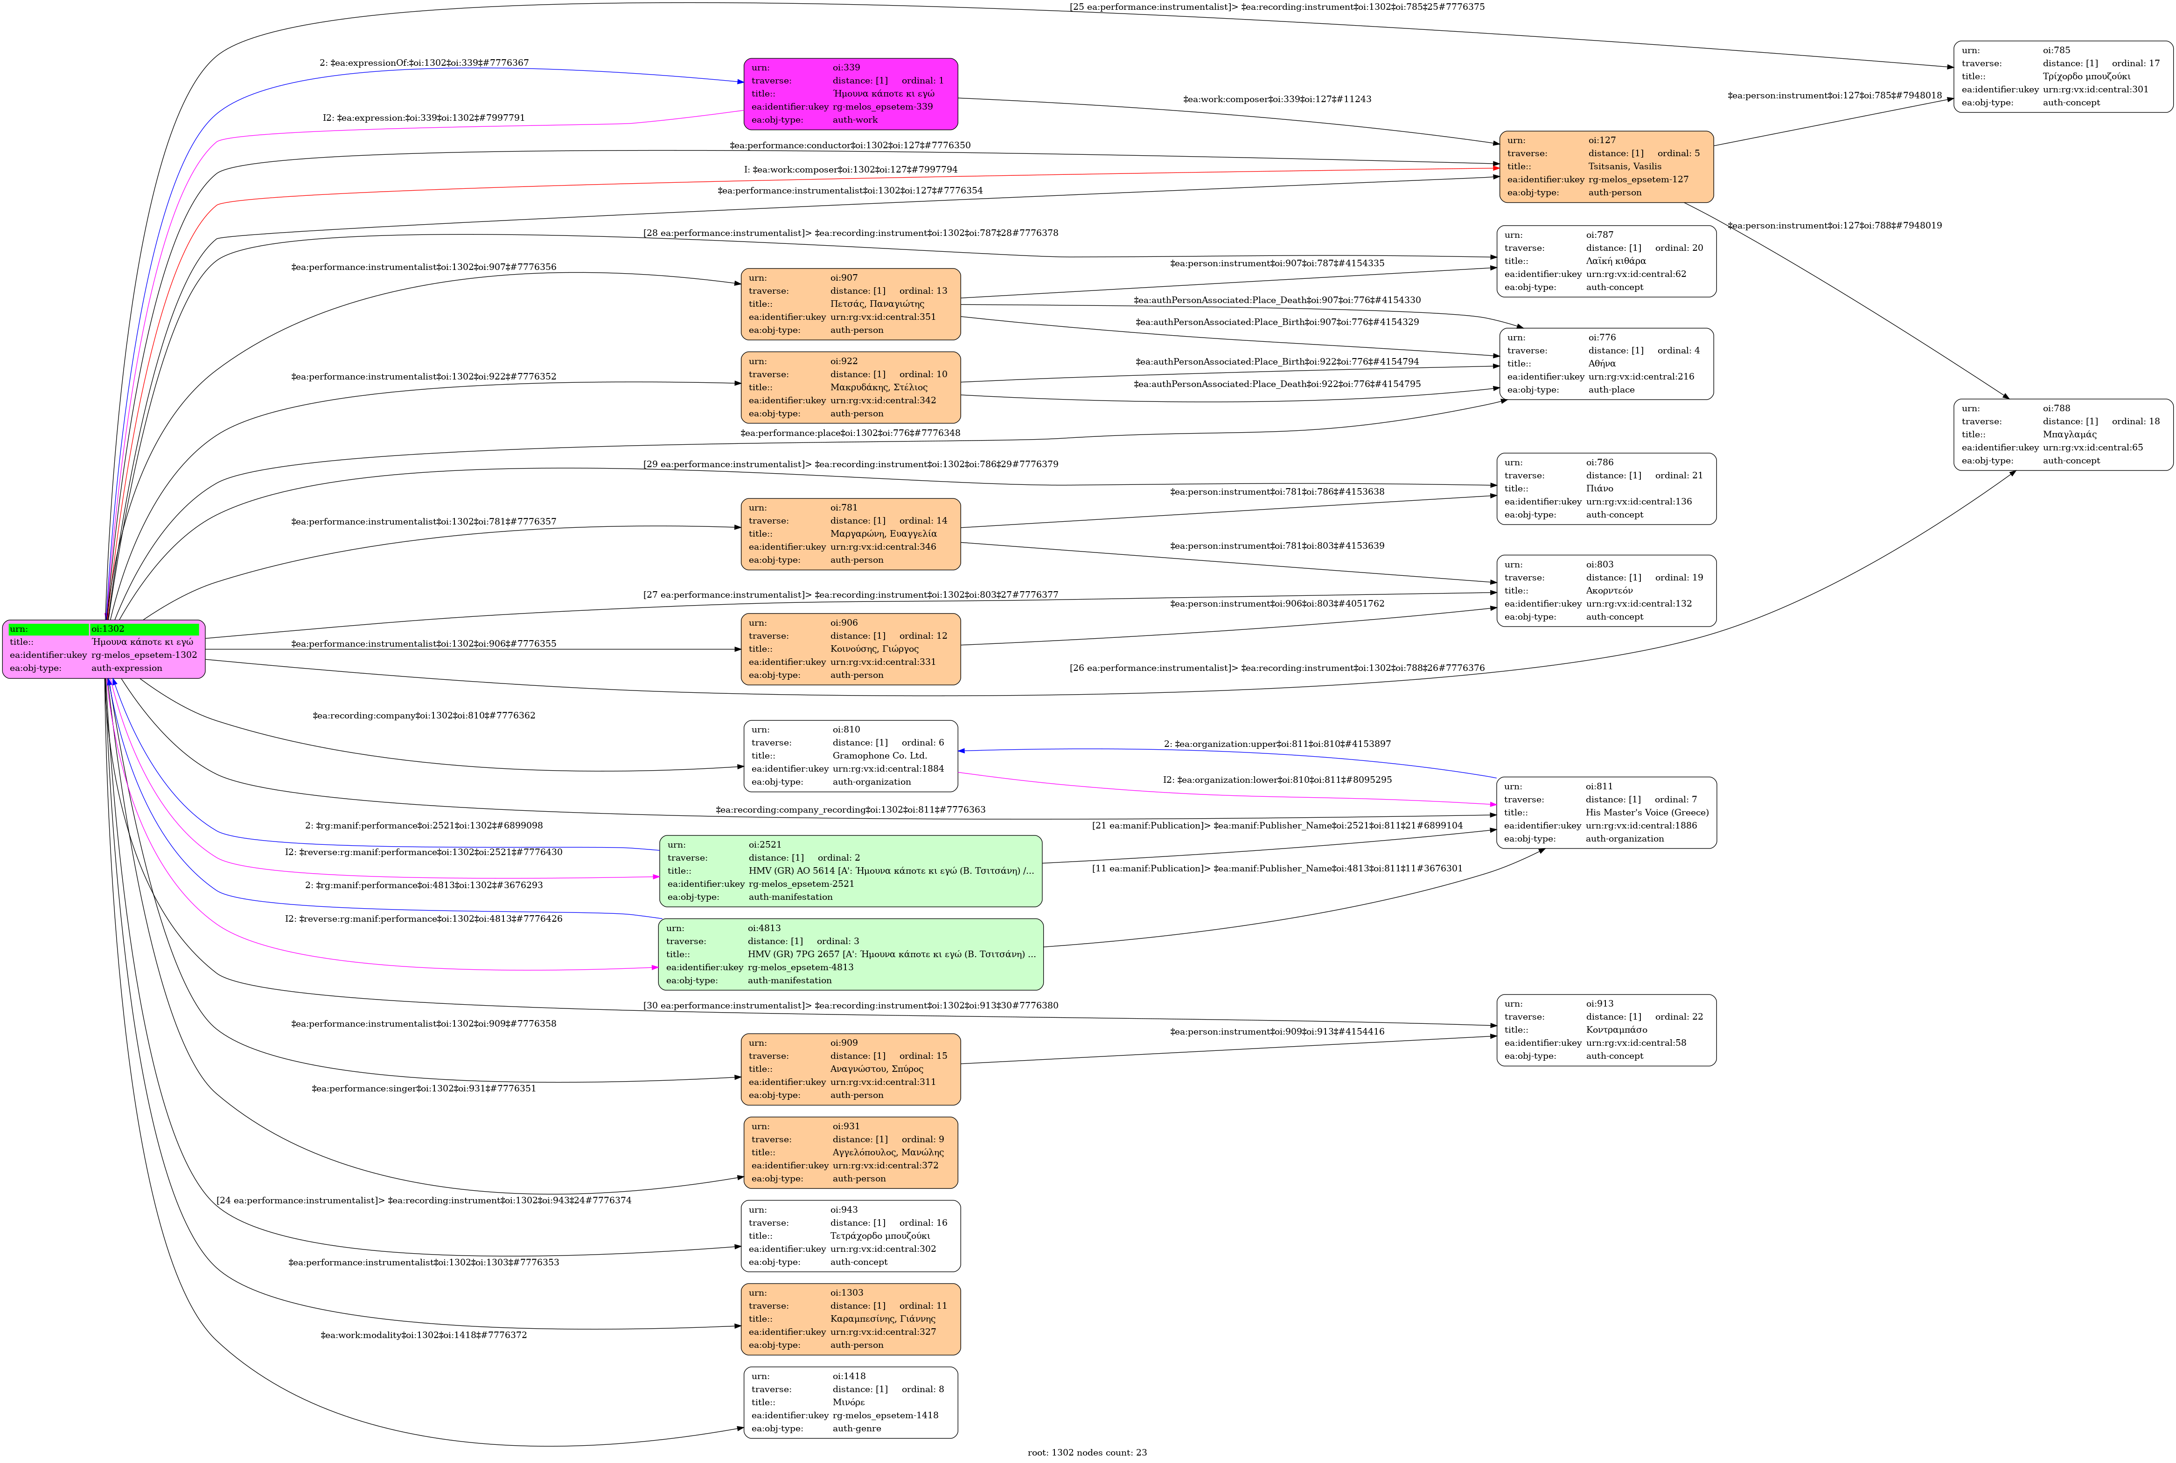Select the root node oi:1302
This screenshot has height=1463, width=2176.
[x=104, y=649]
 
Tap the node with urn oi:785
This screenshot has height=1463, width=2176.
[x=2062, y=76]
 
